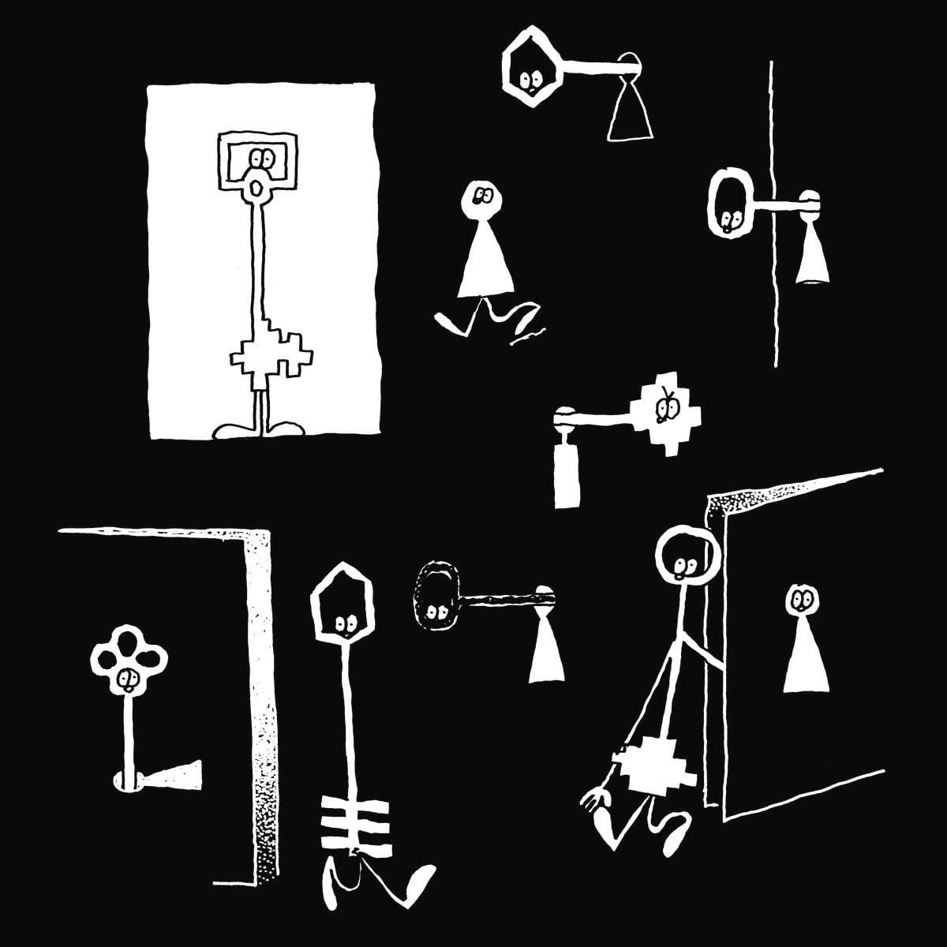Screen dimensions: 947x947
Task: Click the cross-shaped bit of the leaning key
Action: click(x=655, y=770)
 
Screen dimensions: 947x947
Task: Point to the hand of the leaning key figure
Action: click(x=597, y=801)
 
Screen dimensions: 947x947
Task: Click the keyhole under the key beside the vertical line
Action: click(x=814, y=253)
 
